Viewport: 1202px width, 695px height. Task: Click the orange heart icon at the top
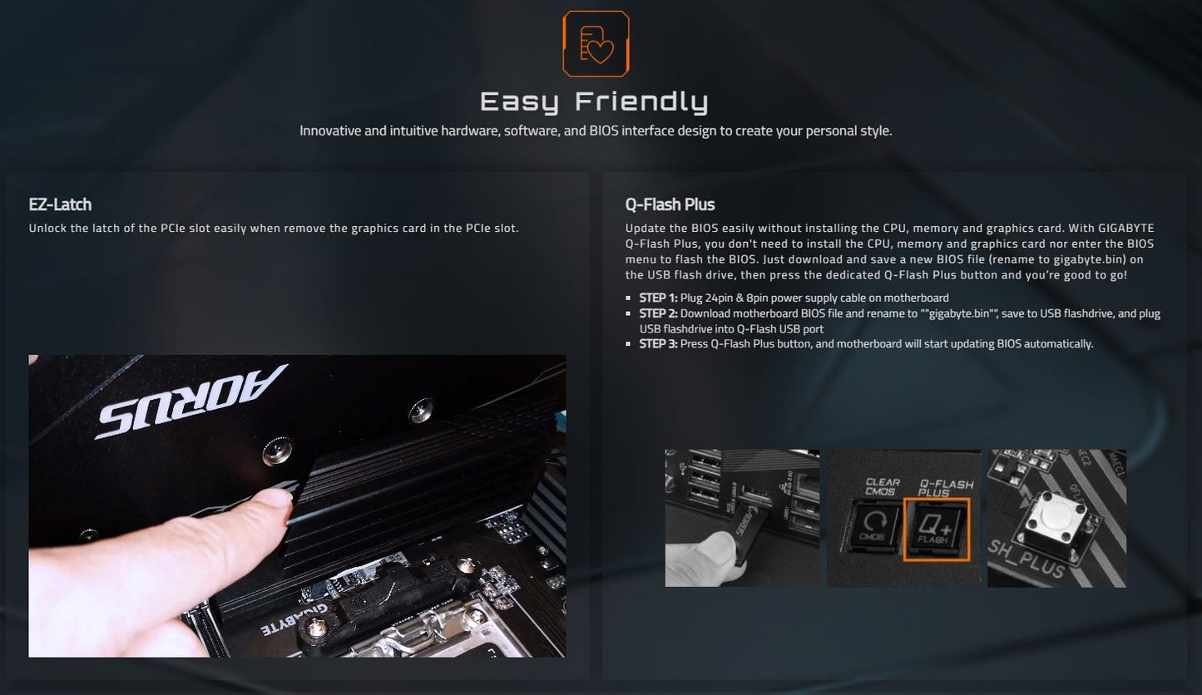(596, 44)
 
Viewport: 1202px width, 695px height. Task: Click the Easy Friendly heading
(594, 101)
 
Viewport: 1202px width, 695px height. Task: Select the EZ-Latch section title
(60, 205)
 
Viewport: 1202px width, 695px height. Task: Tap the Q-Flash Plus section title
(670, 205)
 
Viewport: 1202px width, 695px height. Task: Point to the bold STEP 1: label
(658, 298)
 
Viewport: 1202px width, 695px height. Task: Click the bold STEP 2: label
(658, 313)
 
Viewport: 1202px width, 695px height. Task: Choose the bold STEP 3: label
(658, 343)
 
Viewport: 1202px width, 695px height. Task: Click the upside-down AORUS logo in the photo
(190, 402)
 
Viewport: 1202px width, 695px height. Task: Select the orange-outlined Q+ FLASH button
(937, 530)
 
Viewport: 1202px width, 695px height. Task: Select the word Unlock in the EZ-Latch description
(48, 228)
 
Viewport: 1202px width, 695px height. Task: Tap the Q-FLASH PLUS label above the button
(945, 488)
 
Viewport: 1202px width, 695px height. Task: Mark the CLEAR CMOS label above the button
(882, 487)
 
